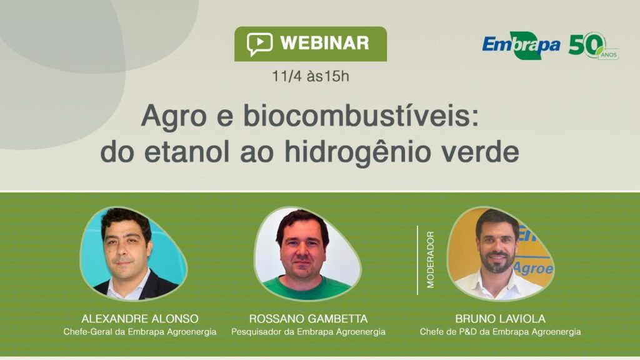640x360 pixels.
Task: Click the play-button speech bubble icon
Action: coord(259,44)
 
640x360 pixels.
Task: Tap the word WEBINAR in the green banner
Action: coord(324,44)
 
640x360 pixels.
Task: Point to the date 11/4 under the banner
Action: coord(284,76)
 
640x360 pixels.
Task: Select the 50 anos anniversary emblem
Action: coord(592,45)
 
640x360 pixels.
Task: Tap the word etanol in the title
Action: coord(199,151)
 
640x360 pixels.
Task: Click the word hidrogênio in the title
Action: coord(366,151)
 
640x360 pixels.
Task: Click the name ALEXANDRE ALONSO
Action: coord(139,319)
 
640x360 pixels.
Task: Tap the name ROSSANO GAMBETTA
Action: coord(308,319)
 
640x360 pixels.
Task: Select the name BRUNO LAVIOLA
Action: coord(500,319)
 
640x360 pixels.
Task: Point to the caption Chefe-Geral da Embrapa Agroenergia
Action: coord(140,332)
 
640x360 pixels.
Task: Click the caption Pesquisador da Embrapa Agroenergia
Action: coord(308,332)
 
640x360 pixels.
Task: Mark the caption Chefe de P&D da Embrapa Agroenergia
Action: coord(500,332)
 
